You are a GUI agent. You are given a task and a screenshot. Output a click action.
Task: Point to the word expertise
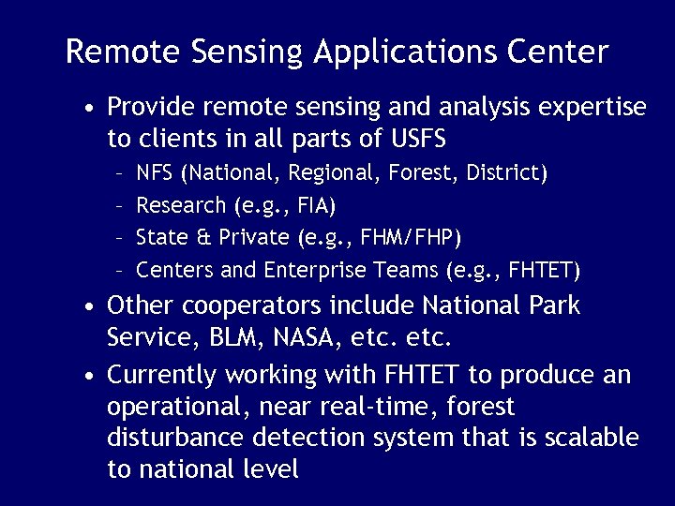click(x=589, y=108)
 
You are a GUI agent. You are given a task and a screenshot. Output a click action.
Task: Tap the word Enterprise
click(x=316, y=271)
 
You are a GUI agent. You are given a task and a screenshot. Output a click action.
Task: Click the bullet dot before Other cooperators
click(x=87, y=307)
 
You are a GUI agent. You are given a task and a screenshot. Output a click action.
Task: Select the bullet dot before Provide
click(x=87, y=108)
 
